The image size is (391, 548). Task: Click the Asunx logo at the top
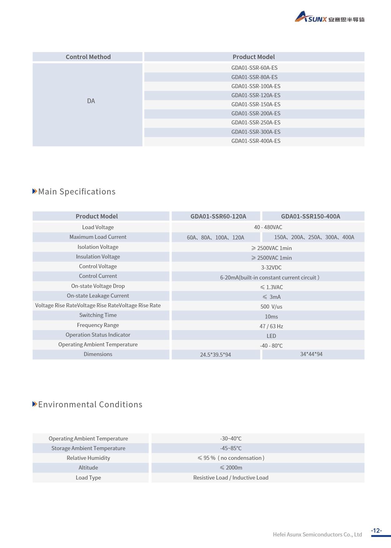[x=329, y=18]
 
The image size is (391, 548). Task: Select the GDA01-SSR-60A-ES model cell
[x=254, y=68]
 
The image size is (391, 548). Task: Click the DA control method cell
[x=91, y=101]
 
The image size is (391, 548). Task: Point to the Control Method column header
[x=88, y=57]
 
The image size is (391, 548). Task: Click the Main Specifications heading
[x=77, y=192]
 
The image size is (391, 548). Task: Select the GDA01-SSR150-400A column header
[x=310, y=216]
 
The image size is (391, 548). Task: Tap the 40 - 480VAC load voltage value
[x=268, y=227]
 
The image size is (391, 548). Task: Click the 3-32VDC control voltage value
[x=271, y=268]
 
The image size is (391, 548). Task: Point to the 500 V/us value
[x=271, y=307]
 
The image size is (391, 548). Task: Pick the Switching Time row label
[x=98, y=315]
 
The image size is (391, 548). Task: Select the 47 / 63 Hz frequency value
[x=271, y=326]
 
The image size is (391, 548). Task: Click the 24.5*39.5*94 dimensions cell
[x=215, y=355]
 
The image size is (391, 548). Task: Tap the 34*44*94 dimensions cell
[x=311, y=354]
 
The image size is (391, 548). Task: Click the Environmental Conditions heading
[x=90, y=405]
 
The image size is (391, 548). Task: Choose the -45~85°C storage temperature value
[x=231, y=448]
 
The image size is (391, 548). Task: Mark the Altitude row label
[x=88, y=468]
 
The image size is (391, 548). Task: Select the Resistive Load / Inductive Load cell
[x=231, y=478]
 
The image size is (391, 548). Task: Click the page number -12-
[x=376, y=531]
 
